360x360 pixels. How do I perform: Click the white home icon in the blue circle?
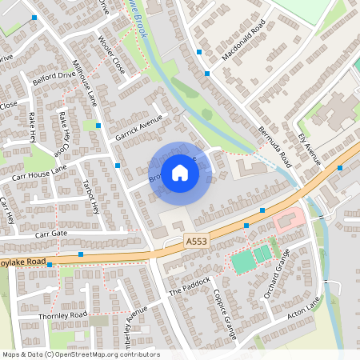tap(180, 173)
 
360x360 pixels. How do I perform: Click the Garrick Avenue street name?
tap(138, 127)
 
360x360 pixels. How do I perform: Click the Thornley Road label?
tap(62, 317)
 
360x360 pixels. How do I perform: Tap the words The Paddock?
tap(190, 286)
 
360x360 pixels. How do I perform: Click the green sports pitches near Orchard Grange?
tap(252, 258)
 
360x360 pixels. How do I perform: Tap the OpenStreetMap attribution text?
tap(81, 354)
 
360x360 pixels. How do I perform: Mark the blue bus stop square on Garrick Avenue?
tap(118, 165)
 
